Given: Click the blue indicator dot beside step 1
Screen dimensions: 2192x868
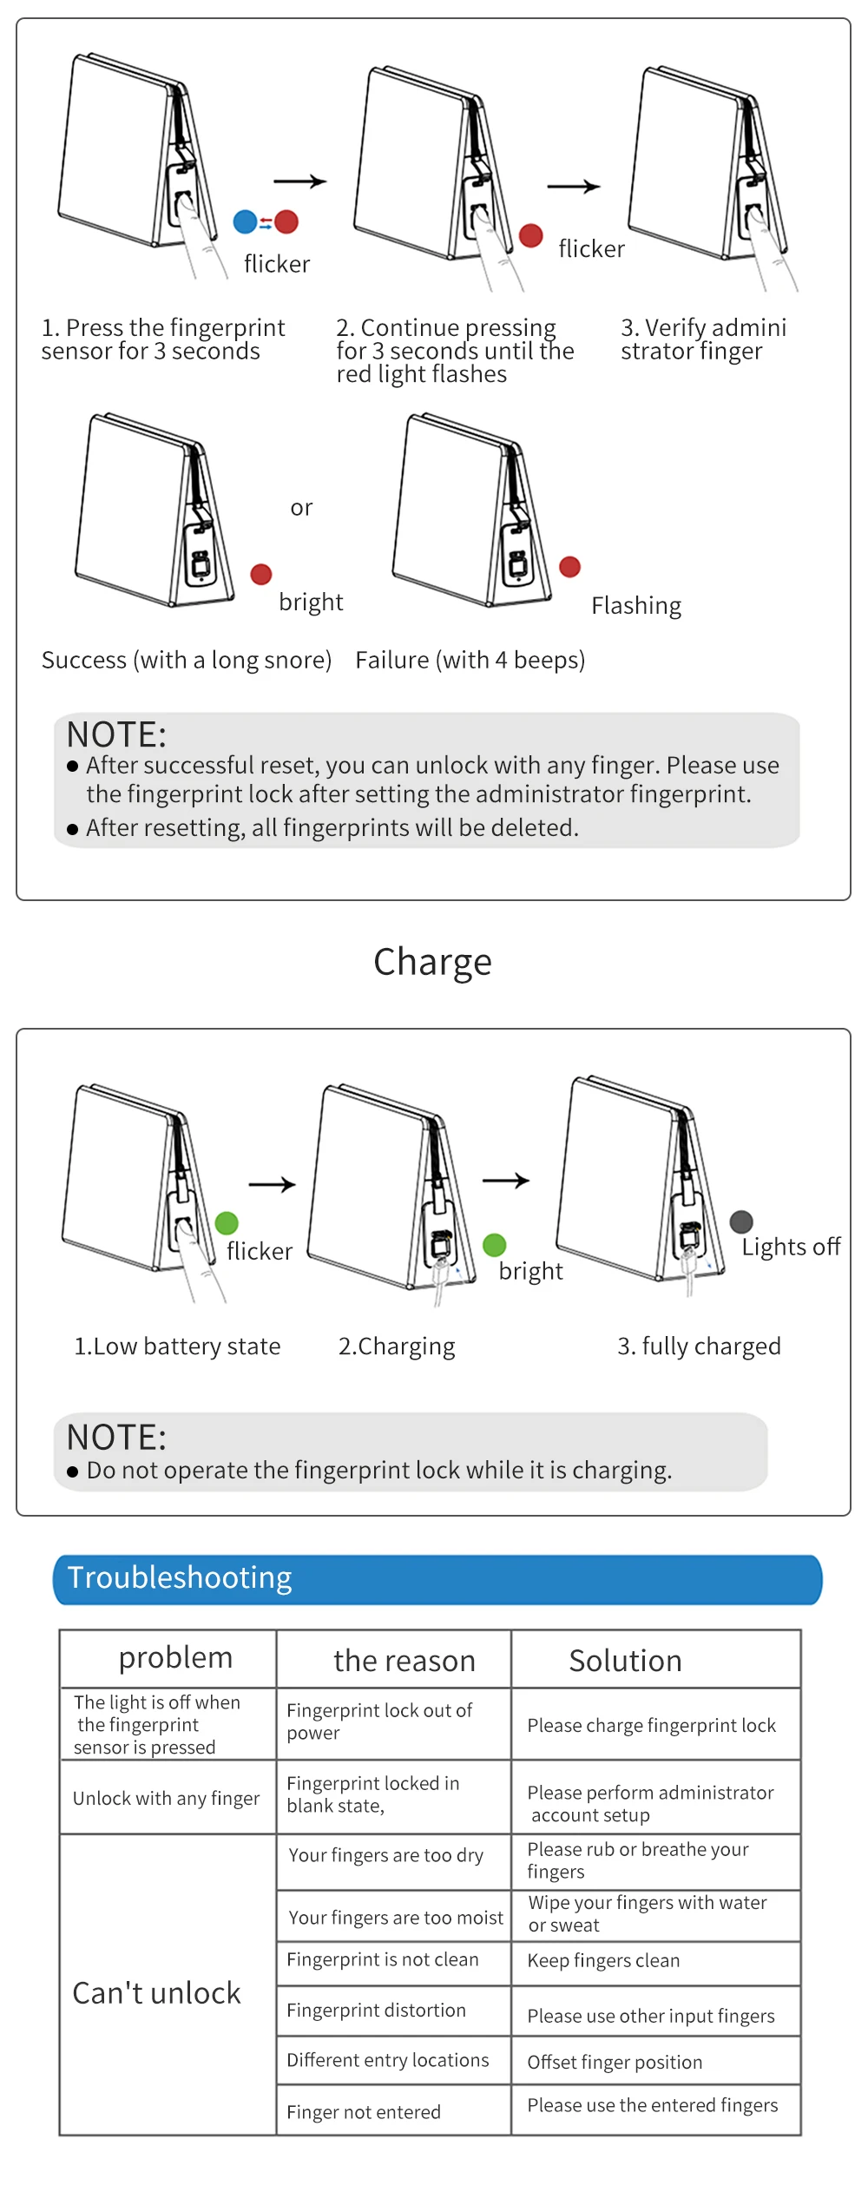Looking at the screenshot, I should pyautogui.click(x=246, y=222).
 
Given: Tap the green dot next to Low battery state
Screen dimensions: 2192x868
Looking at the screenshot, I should pyautogui.click(x=227, y=1223).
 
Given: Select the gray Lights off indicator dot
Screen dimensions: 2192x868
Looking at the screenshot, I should pyautogui.click(x=741, y=1222).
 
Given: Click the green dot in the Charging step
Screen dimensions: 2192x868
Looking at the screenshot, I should pyautogui.click(x=495, y=1245).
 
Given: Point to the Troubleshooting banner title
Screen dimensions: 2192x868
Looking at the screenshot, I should pyautogui.click(x=180, y=1577).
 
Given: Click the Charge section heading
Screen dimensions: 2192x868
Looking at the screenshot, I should pyautogui.click(x=432, y=962).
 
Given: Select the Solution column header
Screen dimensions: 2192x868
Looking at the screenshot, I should pyautogui.click(x=625, y=1661).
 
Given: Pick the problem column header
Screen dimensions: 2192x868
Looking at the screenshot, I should pyautogui.click(x=175, y=1658).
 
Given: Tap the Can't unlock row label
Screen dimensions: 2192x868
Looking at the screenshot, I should pyautogui.click(x=156, y=1993).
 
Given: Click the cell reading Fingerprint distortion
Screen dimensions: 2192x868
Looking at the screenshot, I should pyautogui.click(x=376, y=2011).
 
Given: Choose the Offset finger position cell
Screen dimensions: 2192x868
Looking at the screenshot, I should pyautogui.click(x=615, y=2063).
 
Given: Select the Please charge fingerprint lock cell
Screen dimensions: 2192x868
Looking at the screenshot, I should pyautogui.click(x=651, y=1726).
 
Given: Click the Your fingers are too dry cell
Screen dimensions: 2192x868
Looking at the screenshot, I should pyautogui.click(x=385, y=1855).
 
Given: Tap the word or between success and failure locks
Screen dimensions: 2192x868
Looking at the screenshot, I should pyautogui.click(x=301, y=508).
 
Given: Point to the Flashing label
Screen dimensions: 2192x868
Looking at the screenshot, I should pyautogui.click(x=636, y=606).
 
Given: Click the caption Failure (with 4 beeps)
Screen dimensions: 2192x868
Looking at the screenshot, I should pyautogui.click(x=470, y=661).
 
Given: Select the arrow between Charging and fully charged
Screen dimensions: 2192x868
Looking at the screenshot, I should pyautogui.click(x=506, y=1181).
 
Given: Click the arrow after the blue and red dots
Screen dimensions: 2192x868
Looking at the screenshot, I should pyautogui.click(x=299, y=181).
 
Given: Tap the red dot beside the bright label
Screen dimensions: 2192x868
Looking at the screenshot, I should pyautogui.click(x=261, y=575).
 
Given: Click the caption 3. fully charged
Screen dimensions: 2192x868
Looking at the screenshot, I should pyautogui.click(x=699, y=1346).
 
